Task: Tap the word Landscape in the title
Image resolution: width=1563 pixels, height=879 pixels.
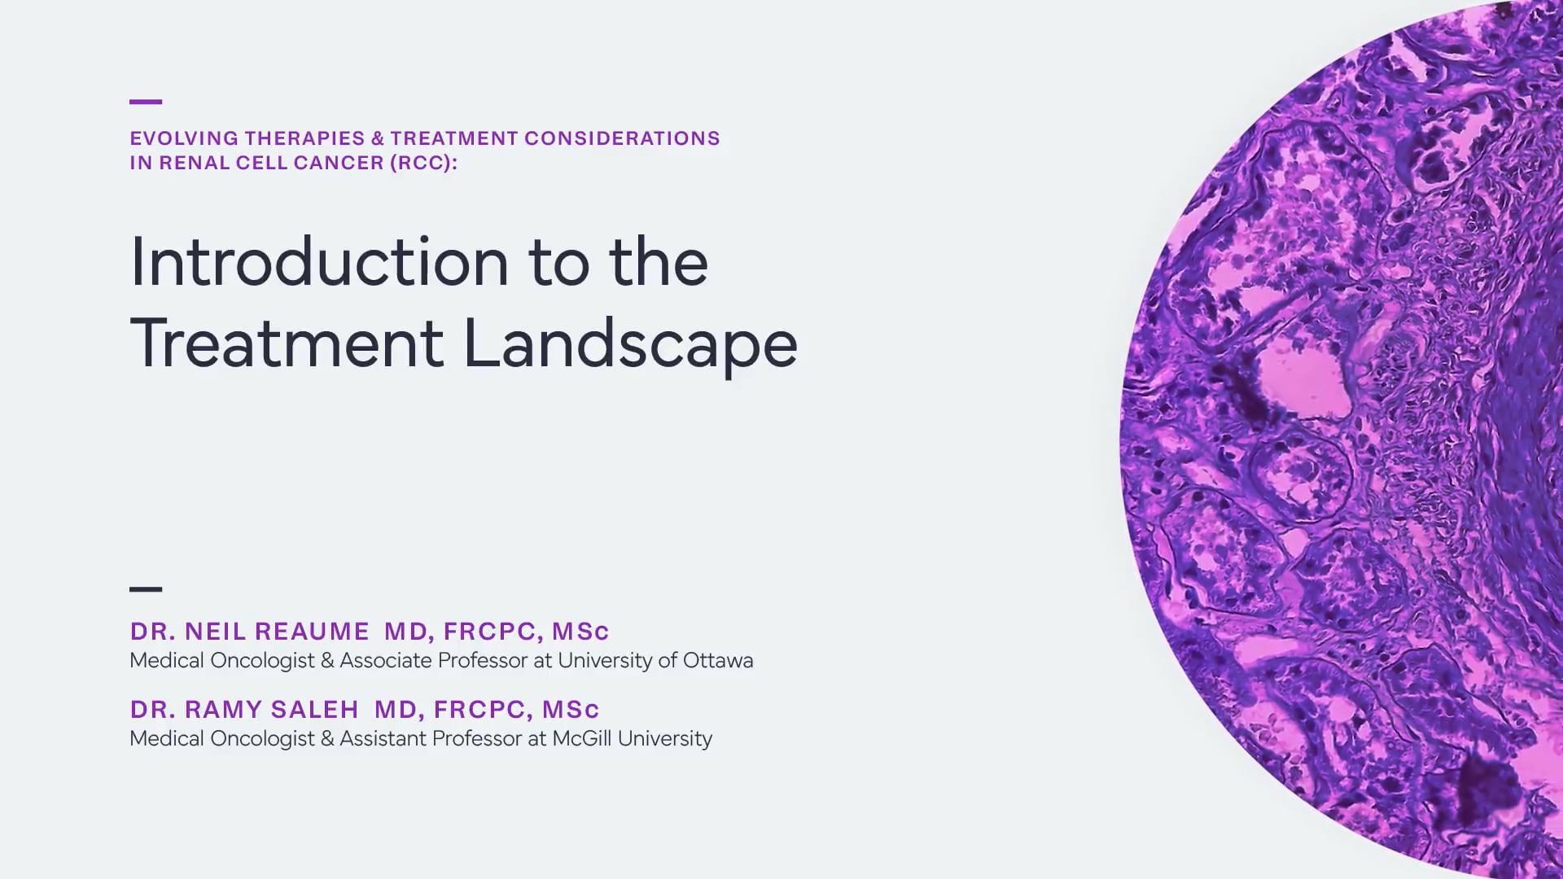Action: pyautogui.click(x=630, y=343)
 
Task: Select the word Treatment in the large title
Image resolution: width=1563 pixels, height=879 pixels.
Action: pyautogui.click(x=287, y=343)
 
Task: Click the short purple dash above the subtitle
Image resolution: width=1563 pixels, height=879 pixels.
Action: pyautogui.click(x=146, y=102)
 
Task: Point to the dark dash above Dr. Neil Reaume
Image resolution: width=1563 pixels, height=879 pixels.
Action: pyautogui.click(x=146, y=588)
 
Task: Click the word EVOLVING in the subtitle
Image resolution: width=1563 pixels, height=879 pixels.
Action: pyautogui.click(x=184, y=138)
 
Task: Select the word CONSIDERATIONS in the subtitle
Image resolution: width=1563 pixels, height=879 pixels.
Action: pyautogui.click(x=622, y=138)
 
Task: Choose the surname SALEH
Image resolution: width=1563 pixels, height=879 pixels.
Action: pyautogui.click(x=314, y=710)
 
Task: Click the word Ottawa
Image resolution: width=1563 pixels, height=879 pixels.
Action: pyautogui.click(x=718, y=660)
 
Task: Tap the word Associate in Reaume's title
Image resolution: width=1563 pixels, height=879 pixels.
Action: pyautogui.click(x=385, y=660)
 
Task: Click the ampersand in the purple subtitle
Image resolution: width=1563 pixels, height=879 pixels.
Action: pyautogui.click(x=378, y=138)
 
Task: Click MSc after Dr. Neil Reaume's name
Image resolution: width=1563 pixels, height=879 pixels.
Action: pyautogui.click(x=580, y=632)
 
